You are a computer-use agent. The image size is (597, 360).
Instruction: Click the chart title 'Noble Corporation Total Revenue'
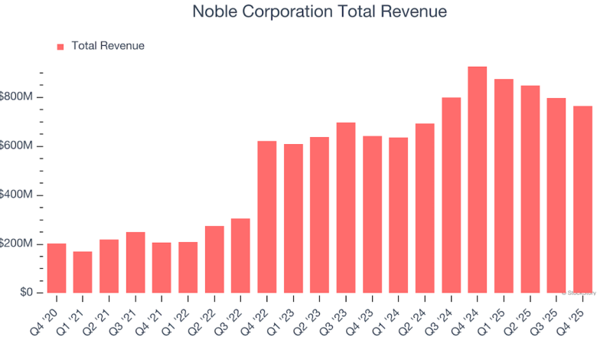(x=319, y=12)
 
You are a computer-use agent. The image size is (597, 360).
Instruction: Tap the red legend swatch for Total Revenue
(x=60, y=47)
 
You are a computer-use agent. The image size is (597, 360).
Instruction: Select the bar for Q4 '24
(x=477, y=180)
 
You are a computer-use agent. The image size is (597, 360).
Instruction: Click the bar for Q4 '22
(x=267, y=217)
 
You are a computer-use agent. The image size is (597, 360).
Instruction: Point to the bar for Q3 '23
(x=346, y=208)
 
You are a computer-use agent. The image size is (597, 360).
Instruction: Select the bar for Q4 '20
(x=57, y=268)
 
